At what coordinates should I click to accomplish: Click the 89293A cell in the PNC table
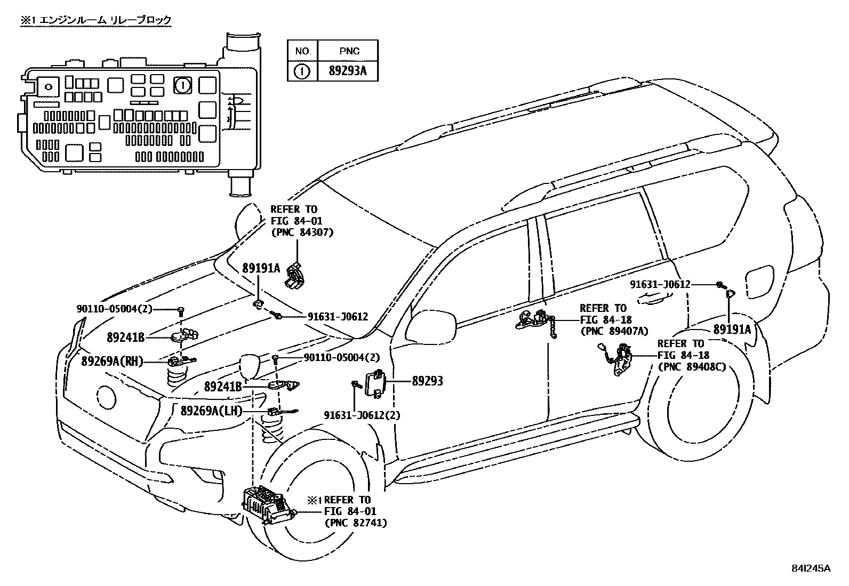[348, 71]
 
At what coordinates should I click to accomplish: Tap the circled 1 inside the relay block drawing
[183, 85]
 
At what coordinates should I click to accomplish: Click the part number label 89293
[427, 381]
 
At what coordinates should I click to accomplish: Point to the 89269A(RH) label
[112, 362]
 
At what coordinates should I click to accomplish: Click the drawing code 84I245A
[811, 568]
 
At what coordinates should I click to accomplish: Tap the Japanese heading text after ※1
[105, 20]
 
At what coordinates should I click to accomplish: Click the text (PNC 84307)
[302, 232]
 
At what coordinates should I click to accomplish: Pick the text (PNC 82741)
[356, 523]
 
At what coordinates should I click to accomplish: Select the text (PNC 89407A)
[614, 331]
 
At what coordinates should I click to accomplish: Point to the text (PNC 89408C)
[692, 366]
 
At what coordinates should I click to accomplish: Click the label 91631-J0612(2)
[362, 415]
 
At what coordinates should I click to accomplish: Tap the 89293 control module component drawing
[374, 383]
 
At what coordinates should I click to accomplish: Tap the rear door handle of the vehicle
[654, 299]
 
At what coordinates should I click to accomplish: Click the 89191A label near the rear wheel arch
[732, 330]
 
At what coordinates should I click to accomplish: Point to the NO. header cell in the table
[303, 51]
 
